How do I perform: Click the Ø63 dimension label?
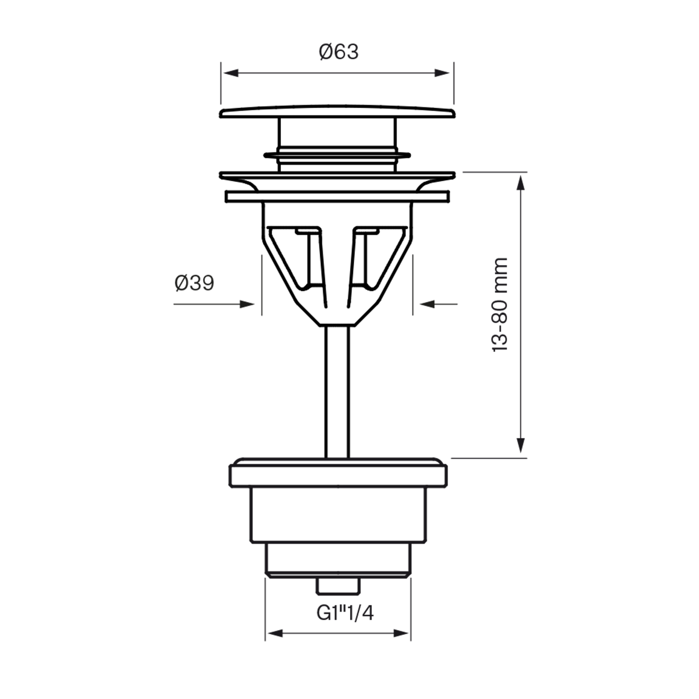click(x=339, y=52)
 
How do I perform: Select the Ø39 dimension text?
click(x=194, y=283)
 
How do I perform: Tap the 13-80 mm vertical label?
click(x=500, y=305)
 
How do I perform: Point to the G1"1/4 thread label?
click(x=345, y=613)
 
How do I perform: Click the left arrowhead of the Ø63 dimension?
click(x=231, y=73)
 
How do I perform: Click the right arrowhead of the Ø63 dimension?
click(x=442, y=73)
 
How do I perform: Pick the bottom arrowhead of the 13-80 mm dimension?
click(x=521, y=445)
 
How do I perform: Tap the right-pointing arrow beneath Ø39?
click(x=247, y=304)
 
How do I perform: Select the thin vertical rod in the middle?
click(x=337, y=391)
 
